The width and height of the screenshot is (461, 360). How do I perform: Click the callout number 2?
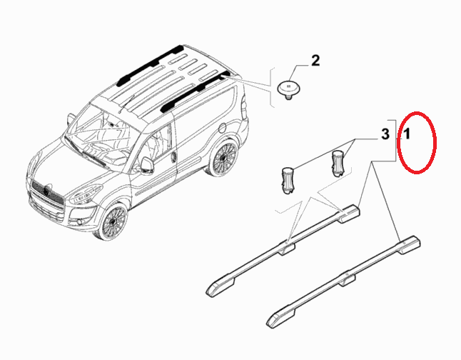[315, 61]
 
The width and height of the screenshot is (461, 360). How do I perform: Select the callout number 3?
[385, 134]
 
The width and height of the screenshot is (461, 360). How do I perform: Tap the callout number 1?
[407, 134]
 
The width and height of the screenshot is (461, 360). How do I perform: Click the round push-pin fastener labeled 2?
[288, 89]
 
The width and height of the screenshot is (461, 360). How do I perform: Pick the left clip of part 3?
[288, 181]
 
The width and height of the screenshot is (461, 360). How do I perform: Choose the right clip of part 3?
[338, 163]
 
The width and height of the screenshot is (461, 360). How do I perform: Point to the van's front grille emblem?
[47, 191]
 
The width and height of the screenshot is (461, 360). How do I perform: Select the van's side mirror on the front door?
[147, 165]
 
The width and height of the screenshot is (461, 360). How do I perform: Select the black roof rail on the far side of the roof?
[150, 65]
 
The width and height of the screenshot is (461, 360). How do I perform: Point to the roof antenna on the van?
[126, 104]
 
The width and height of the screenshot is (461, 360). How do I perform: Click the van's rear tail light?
[245, 109]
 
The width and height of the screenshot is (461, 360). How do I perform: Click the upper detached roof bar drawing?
[283, 251]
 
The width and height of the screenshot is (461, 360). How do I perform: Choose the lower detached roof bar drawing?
[343, 281]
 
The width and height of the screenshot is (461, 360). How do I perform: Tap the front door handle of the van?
[174, 157]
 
